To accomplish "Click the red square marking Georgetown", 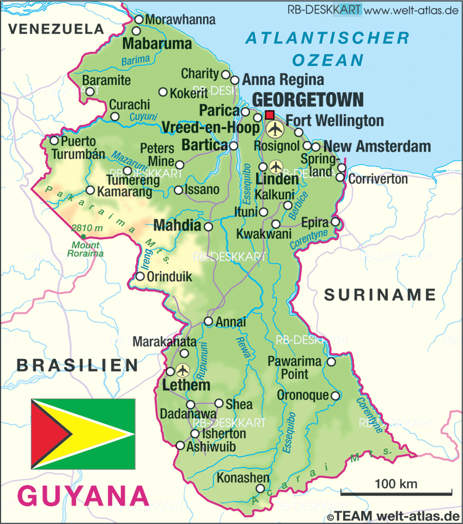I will (270, 115).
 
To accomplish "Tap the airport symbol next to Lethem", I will (182, 370).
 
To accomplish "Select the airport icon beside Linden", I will (276, 166).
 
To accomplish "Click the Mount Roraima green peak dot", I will (83, 236).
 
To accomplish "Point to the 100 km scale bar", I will (396, 492).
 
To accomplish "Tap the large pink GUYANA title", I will (83, 496).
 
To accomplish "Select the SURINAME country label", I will (380, 295).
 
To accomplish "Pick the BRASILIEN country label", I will (77, 365).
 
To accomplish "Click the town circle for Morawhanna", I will (138, 20).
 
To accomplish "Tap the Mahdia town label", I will (178, 225).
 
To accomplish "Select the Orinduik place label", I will (169, 277).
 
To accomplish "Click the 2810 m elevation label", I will (87, 227).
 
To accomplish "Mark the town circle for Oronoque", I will (335, 395).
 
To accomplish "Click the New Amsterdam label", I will (377, 146).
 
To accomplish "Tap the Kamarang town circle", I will (90, 191).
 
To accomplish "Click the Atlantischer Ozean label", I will (327, 48).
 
